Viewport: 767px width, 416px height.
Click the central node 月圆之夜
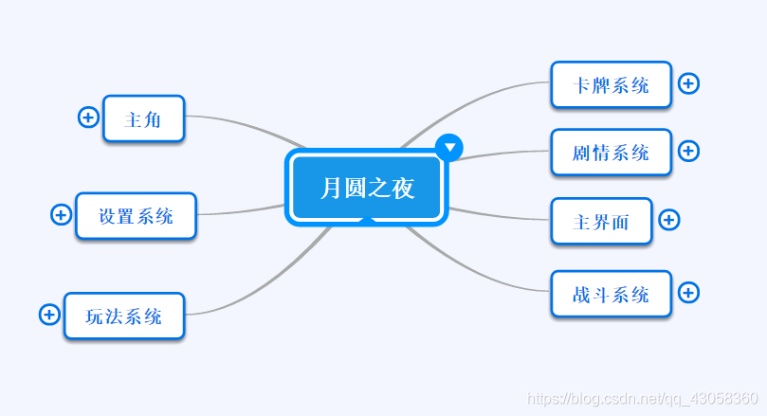[x=367, y=189]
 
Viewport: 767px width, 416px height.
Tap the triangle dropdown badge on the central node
[x=449, y=146]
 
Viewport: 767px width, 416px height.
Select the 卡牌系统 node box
[x=611, y=85]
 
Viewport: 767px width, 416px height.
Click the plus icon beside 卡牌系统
[x=689, y=83]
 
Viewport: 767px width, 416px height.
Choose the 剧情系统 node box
[x=611, y=152]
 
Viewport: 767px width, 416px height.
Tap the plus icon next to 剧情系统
[x=689, y=151]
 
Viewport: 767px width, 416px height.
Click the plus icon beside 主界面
[x=668, y=220]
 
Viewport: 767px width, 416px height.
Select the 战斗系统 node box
[x=611, y=294]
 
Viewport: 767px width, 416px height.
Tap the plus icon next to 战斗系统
[x=689, y=293]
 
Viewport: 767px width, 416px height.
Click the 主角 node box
[x=143, y=119]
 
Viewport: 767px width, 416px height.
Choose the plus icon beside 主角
[x=87, y=118]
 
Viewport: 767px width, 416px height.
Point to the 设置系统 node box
[x=137, y=216]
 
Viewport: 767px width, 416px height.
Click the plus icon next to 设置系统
[x=61, y=215]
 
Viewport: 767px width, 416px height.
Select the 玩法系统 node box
[x=123, y=316]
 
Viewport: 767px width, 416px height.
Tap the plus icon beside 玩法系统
[x=49, y=314]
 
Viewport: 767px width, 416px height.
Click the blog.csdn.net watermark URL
[x=642, y=399]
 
